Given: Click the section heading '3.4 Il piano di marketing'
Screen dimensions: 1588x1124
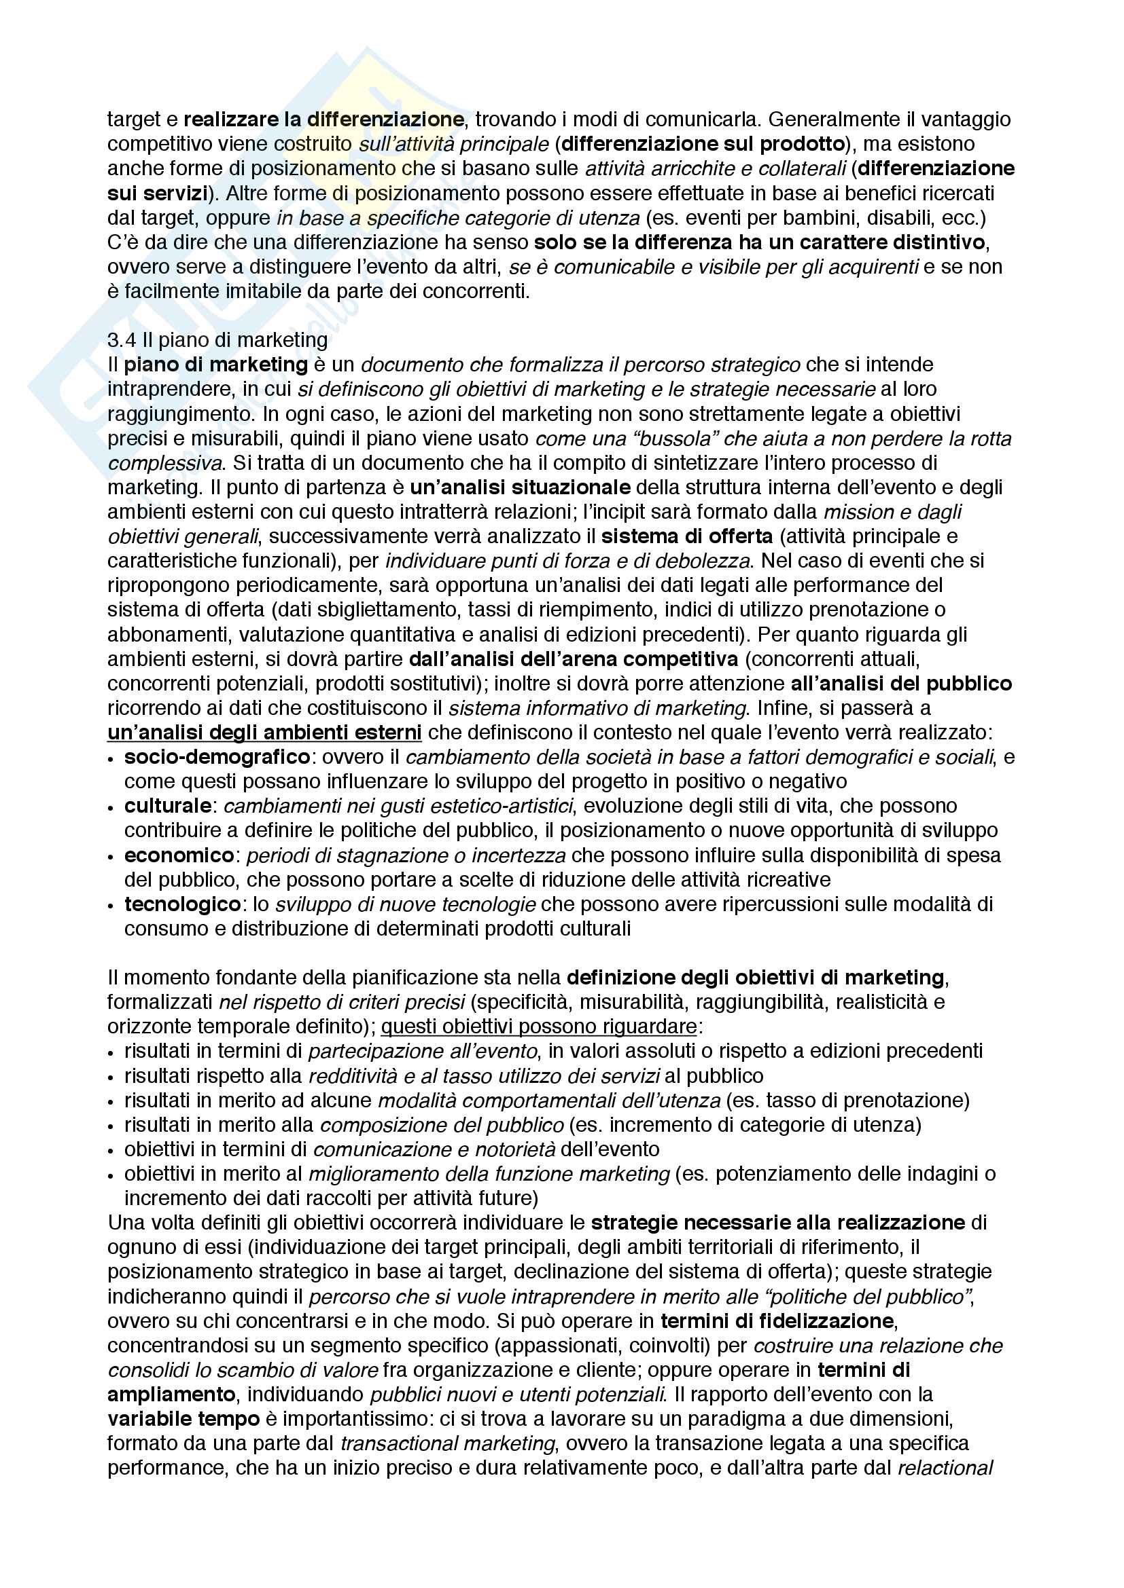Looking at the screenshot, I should pyautogui.click(x=217, y=339).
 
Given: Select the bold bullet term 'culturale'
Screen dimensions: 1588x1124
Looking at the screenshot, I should pyautogui.click(x=167, y=806).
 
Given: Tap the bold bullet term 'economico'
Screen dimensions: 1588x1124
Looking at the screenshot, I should pyautogui.click(x=179, y=855).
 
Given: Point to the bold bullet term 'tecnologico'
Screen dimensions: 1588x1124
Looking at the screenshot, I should pyautogui.click(x=182, y=904).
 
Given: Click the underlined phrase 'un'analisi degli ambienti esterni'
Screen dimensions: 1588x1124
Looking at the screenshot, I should pyautogui.click(x=264, y=733).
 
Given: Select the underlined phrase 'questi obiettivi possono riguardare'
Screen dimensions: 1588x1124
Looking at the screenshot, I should pyautogui.click(x=538, y=1027).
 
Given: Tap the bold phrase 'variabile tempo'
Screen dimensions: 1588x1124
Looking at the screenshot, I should pyautogui.click(x=183, y=1419).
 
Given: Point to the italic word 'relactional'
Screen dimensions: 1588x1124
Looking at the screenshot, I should pyautogui.click(x=945, y=1468).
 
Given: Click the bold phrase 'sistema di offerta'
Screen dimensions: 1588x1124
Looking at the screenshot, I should pyautogui.click(x=686, y=536).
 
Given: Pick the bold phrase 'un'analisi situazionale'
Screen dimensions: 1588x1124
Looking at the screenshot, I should pyautogui.click(x=520, y=487).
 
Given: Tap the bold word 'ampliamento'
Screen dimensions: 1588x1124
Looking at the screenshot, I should pyautogui.click(x=172, y=1395).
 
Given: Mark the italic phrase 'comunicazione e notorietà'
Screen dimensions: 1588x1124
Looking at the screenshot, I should pyautogui.click(x=434, y=1149).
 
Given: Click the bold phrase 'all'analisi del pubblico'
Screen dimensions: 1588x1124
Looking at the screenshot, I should pyautogui.click(x=901, y=684).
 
